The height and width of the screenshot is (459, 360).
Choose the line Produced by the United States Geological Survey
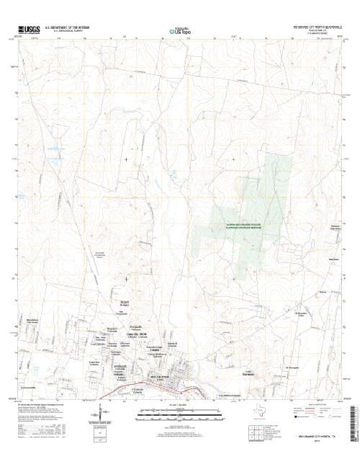pos(43,405)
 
